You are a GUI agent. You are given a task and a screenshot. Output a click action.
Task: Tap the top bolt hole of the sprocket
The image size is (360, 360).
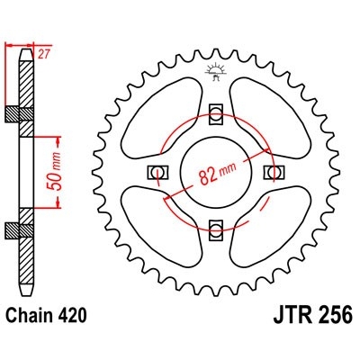(x=215, y=113)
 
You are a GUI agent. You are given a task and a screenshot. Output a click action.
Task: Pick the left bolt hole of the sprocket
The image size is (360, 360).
(x=158, y=171)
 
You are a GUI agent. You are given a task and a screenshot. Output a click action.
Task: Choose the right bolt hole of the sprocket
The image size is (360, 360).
(x=272, y=171)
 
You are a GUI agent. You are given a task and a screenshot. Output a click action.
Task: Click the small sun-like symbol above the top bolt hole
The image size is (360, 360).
(x=215, y=70)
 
